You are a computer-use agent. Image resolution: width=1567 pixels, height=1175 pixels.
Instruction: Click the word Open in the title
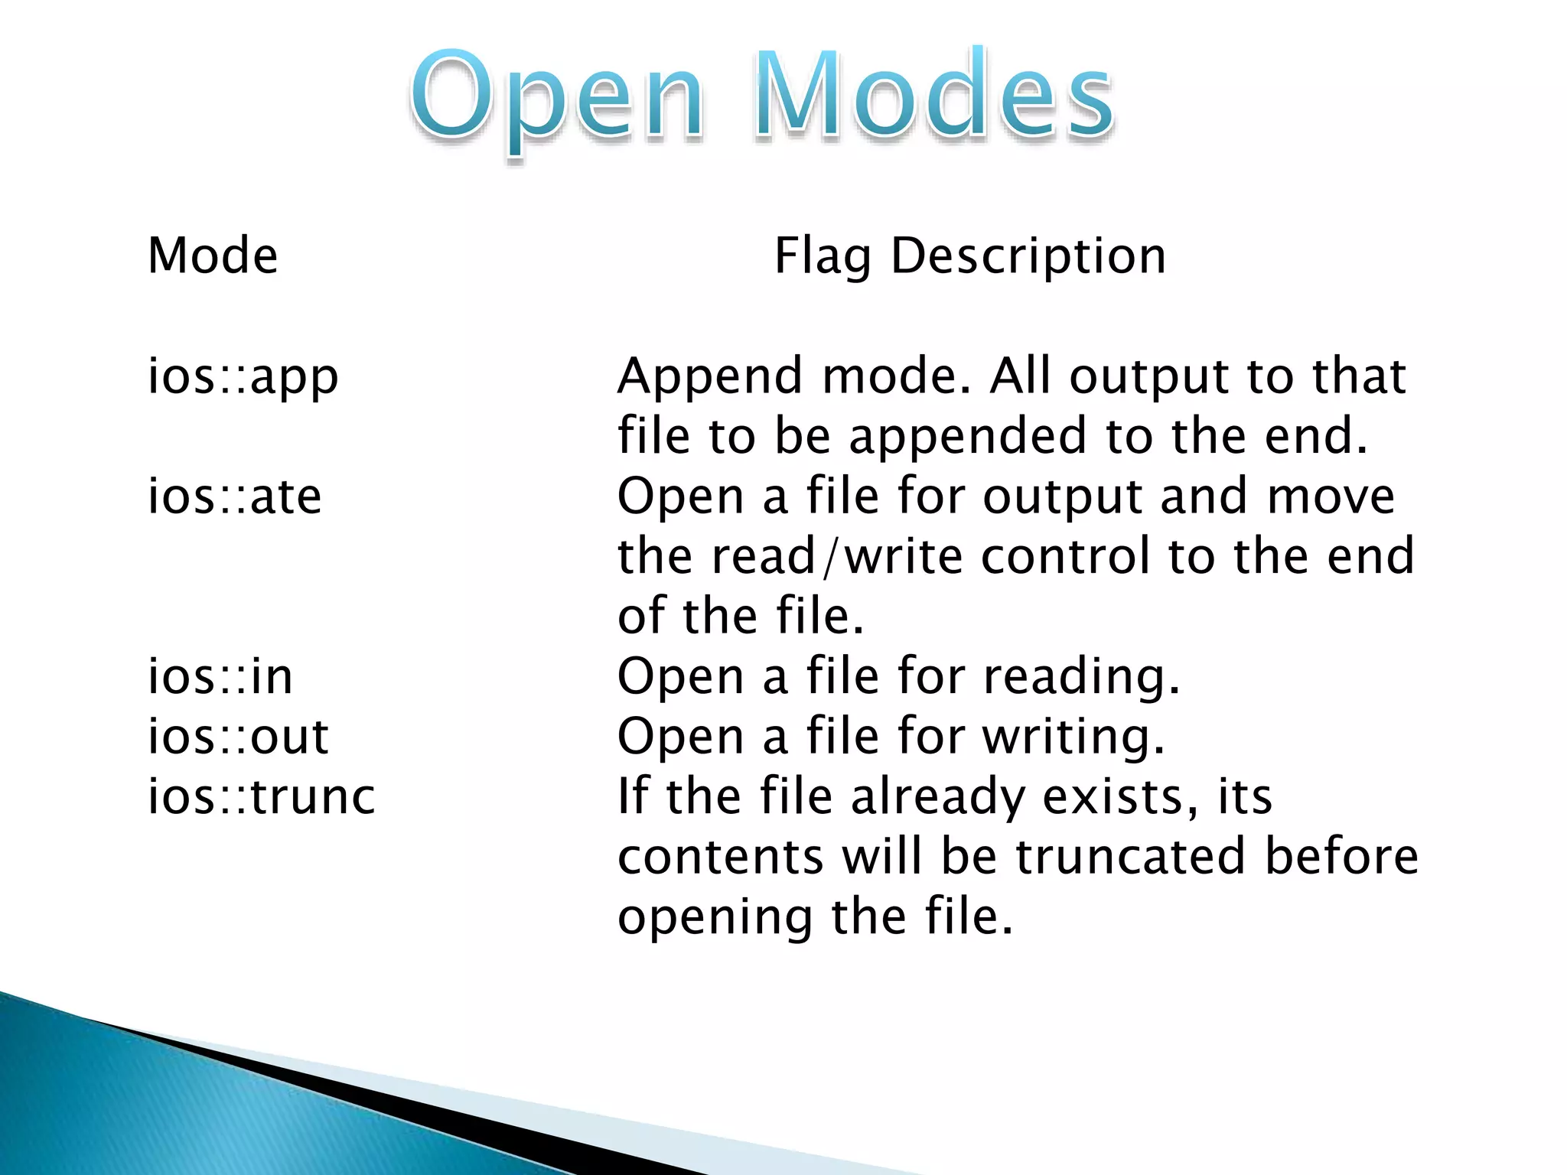pos(557,99)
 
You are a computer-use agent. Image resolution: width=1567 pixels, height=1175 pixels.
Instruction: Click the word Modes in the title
pos(933,96)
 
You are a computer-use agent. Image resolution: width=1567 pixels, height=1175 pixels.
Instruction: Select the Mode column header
pos(213,256)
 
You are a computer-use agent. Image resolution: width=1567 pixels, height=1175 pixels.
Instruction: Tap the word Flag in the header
pos(823,257)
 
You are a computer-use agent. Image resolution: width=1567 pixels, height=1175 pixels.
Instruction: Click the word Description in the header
pos(1028,257)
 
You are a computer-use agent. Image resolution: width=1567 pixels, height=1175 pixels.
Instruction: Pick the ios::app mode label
pos(243,377)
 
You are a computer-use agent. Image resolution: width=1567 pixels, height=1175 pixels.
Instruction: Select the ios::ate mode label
pos(234,497)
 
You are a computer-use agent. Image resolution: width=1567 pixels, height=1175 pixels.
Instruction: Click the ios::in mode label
pos(220,677)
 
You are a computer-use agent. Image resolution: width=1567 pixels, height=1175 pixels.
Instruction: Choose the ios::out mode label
pos(238,737)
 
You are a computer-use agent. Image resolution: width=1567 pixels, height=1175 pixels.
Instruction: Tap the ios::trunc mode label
pos(261,797)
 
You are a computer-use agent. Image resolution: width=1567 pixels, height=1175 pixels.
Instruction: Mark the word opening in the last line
pos(715,918)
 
